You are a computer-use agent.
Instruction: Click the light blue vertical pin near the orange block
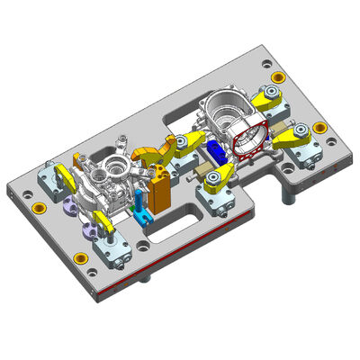(138, 200)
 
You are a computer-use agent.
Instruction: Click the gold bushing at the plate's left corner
(38, 208)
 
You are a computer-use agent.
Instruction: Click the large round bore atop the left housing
(113, 167)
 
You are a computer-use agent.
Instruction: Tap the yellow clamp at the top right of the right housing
(266, 100)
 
